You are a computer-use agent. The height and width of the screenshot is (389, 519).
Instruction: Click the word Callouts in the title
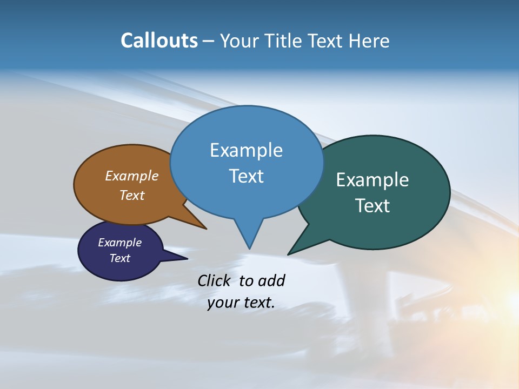point(159,41)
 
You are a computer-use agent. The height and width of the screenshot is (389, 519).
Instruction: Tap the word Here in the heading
point(369,41)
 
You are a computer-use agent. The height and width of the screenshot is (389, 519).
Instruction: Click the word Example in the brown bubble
point(131,176)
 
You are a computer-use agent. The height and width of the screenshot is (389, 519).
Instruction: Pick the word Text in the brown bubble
point(131,195)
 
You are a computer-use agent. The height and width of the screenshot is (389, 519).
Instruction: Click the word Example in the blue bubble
point(246,150)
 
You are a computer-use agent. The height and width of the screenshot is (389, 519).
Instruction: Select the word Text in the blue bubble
point(246,176)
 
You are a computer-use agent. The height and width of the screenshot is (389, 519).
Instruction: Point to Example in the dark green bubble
point(372,180)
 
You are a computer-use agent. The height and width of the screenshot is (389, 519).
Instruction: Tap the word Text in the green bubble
point(372,206)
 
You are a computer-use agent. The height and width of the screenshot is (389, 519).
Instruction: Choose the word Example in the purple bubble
point(119,243)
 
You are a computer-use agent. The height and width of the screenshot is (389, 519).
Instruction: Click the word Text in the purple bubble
point(119,258)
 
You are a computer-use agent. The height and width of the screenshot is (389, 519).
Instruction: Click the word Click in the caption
point(214,281)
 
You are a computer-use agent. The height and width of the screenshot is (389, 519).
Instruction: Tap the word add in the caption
point(271,281)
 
